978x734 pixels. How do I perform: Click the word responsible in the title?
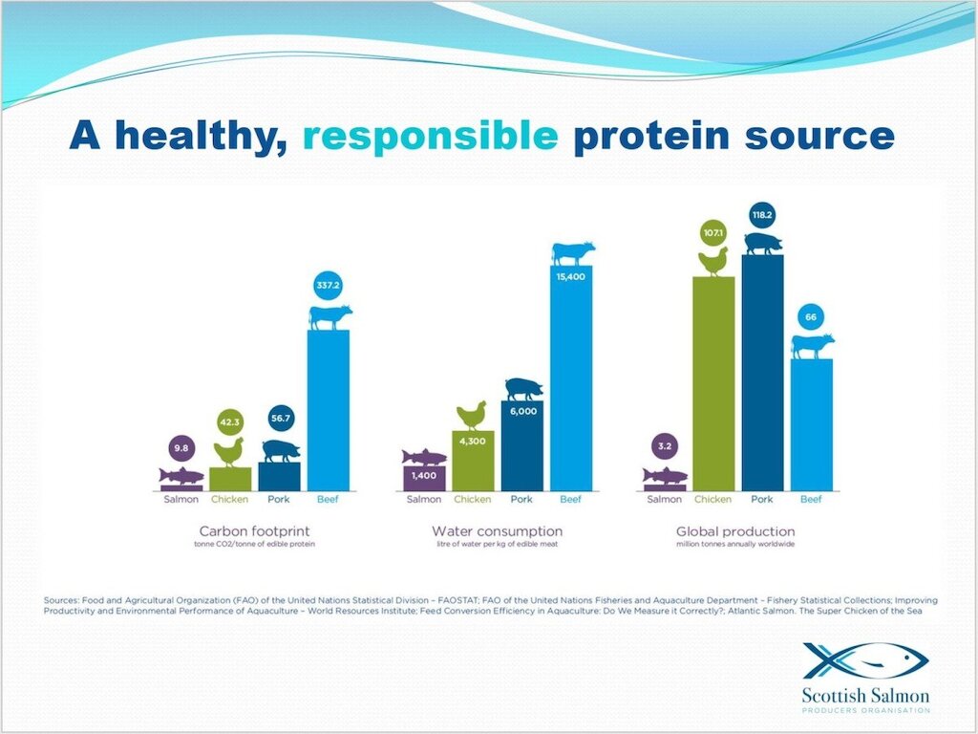(431, 136)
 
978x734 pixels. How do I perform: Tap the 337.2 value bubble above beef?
(329, 286)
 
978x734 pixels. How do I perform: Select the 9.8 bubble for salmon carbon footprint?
(181, 447)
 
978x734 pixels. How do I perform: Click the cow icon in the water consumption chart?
(573, 253)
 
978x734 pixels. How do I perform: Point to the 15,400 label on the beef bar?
(571, 276)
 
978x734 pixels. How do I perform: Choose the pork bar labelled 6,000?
(522, 445)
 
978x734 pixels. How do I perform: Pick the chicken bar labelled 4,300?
(473, 461)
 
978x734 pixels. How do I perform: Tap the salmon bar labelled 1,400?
(424, 478)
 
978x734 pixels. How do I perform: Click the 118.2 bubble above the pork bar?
(761, 215)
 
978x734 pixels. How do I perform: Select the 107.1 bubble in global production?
(712, 233)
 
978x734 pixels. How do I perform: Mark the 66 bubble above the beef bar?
(811, 317)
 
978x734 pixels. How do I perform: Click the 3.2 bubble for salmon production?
(665, 445)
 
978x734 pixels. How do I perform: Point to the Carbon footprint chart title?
(254, 531)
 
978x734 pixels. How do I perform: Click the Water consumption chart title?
(497, 531)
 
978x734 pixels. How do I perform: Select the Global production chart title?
(735, 531)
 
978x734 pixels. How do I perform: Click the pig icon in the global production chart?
(763, 244)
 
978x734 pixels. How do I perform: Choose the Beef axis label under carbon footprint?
(328, 499)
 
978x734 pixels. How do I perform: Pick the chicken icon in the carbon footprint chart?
(229, 452)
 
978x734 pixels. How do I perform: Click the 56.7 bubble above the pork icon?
(281, 419)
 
